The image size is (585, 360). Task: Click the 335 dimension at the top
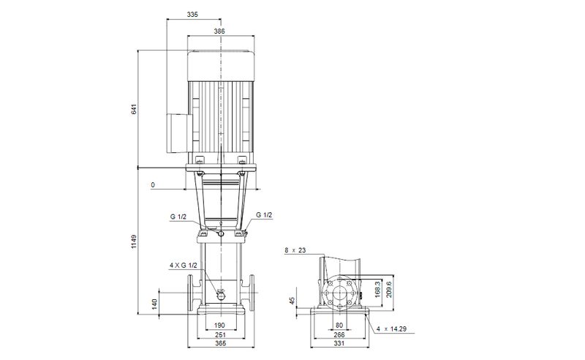point(193,14)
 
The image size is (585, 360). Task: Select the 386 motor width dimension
point(219,31)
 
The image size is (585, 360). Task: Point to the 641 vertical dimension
point(134,109)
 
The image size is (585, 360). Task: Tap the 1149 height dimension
point(134,241)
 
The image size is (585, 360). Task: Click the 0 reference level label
point(153,185)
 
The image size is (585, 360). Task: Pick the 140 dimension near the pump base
point(154,304)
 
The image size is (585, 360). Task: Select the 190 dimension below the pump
point(219,325)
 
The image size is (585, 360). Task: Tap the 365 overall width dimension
point(219,344)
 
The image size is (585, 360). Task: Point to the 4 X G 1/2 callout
point(184,265)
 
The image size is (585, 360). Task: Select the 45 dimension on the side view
point(292,301)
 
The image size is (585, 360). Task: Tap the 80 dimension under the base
point(339,325)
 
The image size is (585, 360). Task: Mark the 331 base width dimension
point(339,344)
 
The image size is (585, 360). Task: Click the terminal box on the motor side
point(178,132)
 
